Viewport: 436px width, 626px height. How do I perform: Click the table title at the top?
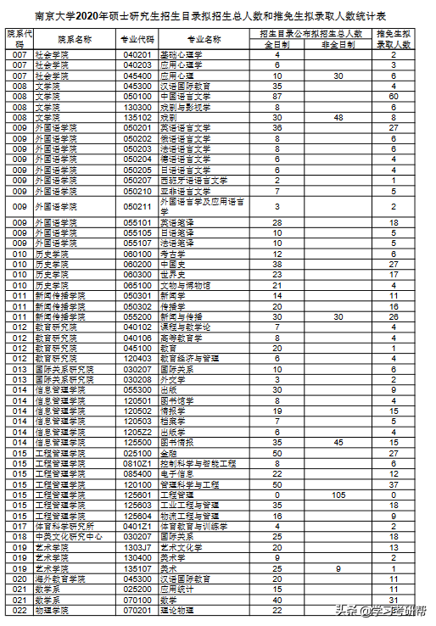coord(217,14)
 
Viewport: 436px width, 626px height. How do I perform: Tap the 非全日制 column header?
coord(338,44)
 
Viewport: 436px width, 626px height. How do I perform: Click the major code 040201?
coord(137,55)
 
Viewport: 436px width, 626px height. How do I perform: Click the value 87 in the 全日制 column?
coord(277,97)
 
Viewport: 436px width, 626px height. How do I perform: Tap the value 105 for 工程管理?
coord(338,494)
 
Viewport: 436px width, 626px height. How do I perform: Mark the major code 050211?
coord(137,206)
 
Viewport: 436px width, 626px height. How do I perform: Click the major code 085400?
coord(137,472)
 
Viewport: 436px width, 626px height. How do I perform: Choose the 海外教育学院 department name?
coord(64,578)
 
